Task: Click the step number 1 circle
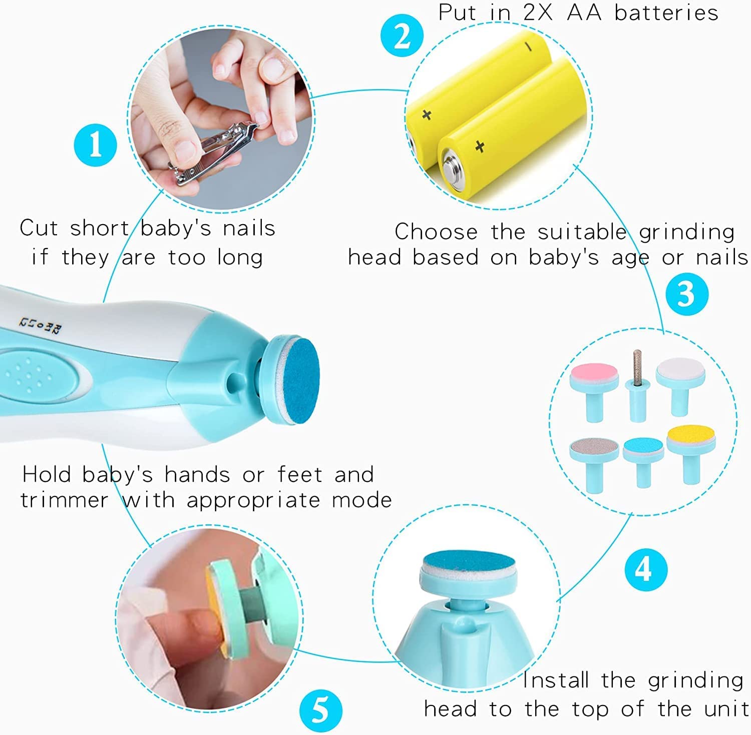[95, 146]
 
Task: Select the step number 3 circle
[687, 294]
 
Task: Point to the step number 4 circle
[645, 569]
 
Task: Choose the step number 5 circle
[320, 710]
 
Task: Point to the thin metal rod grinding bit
[637, 367]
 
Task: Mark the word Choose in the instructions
[436, 232]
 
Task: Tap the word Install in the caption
[556, 680]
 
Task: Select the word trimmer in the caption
[64, 500]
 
